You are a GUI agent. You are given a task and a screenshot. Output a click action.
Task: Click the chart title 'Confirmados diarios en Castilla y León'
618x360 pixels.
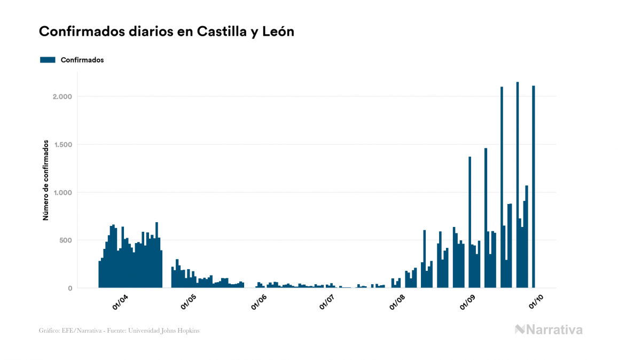point(167,32)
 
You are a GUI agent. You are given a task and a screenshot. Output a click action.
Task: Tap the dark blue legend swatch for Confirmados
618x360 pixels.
point(48,60)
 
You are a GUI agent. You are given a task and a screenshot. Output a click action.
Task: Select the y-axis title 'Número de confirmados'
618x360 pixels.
point(46,181)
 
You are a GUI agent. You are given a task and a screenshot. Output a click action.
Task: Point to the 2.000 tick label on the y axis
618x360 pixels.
point(62,97)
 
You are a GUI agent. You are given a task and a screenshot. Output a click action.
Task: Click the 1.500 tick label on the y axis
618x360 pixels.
point(62,145)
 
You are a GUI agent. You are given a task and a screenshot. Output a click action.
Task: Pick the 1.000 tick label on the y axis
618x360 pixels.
point(62,193)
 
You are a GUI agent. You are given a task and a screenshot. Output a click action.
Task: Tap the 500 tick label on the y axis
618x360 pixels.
point(65,240)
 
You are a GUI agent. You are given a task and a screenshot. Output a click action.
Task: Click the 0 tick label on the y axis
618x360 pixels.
point(70,288)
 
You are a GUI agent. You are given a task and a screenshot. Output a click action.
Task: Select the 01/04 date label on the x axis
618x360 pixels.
point(120,302)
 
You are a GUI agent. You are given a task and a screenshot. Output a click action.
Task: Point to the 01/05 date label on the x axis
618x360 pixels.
point(189,302)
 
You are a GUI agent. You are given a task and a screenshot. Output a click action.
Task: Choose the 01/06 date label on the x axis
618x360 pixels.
point(259,302)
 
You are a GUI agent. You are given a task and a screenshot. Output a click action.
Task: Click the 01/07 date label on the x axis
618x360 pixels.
point(327,302)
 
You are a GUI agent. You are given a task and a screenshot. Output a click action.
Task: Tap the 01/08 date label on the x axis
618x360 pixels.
point(397,302)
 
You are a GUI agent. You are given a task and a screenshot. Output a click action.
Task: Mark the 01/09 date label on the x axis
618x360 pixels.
point(467,302)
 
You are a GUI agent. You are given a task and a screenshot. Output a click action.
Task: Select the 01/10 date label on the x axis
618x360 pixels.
point(536,302)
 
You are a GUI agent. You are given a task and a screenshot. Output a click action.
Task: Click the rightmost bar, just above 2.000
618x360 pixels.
point(534,187)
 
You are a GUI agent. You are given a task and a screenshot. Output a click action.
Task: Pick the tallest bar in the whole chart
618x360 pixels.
point(518,185)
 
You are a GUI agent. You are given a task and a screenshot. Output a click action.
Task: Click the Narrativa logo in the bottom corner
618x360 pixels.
point(549,330)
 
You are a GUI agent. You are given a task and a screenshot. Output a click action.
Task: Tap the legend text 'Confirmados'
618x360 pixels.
point(82,60)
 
